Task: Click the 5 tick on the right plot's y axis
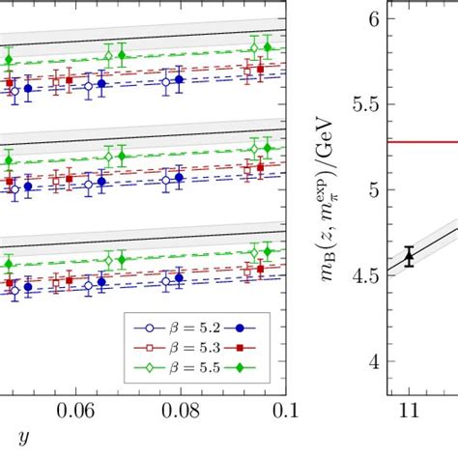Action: pyautogui.click(x=372, y=190)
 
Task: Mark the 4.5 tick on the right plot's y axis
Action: pyautogui.click(x=364, y=276)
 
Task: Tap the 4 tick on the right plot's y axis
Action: pyautogui.click(x=372, y=362)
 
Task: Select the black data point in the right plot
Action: pyautogui.click(x=409, y=256)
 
